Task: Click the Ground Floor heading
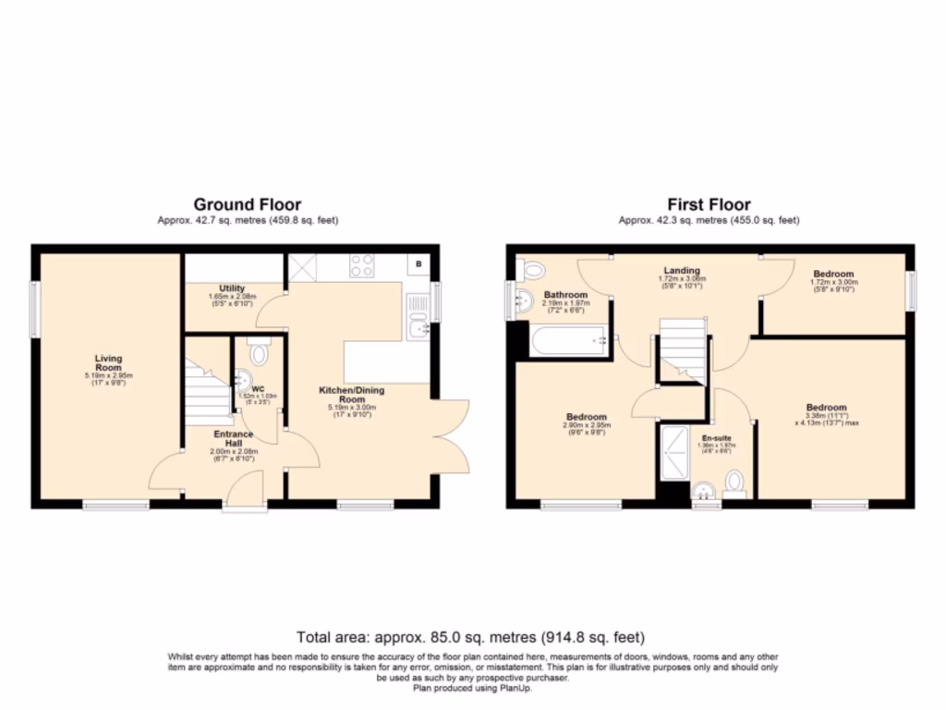247,204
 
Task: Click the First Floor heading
709,204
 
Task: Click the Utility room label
232,288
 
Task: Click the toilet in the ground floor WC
260,351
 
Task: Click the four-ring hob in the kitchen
361,265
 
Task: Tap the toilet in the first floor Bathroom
531,269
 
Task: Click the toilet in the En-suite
734,483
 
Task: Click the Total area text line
471,638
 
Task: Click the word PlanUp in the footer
516,687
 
